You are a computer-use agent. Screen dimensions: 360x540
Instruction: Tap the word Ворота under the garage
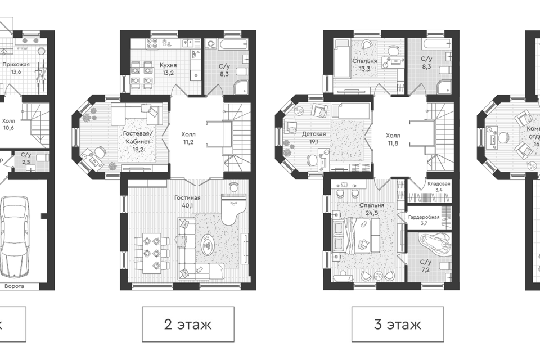15,286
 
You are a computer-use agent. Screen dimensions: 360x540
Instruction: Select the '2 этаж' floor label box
188,325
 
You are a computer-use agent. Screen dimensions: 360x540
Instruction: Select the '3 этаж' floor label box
397,325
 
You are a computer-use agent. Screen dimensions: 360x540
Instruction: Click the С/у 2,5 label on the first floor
26,158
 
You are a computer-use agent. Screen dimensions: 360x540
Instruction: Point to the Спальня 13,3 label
364,65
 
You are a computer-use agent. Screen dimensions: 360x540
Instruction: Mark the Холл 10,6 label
8,124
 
